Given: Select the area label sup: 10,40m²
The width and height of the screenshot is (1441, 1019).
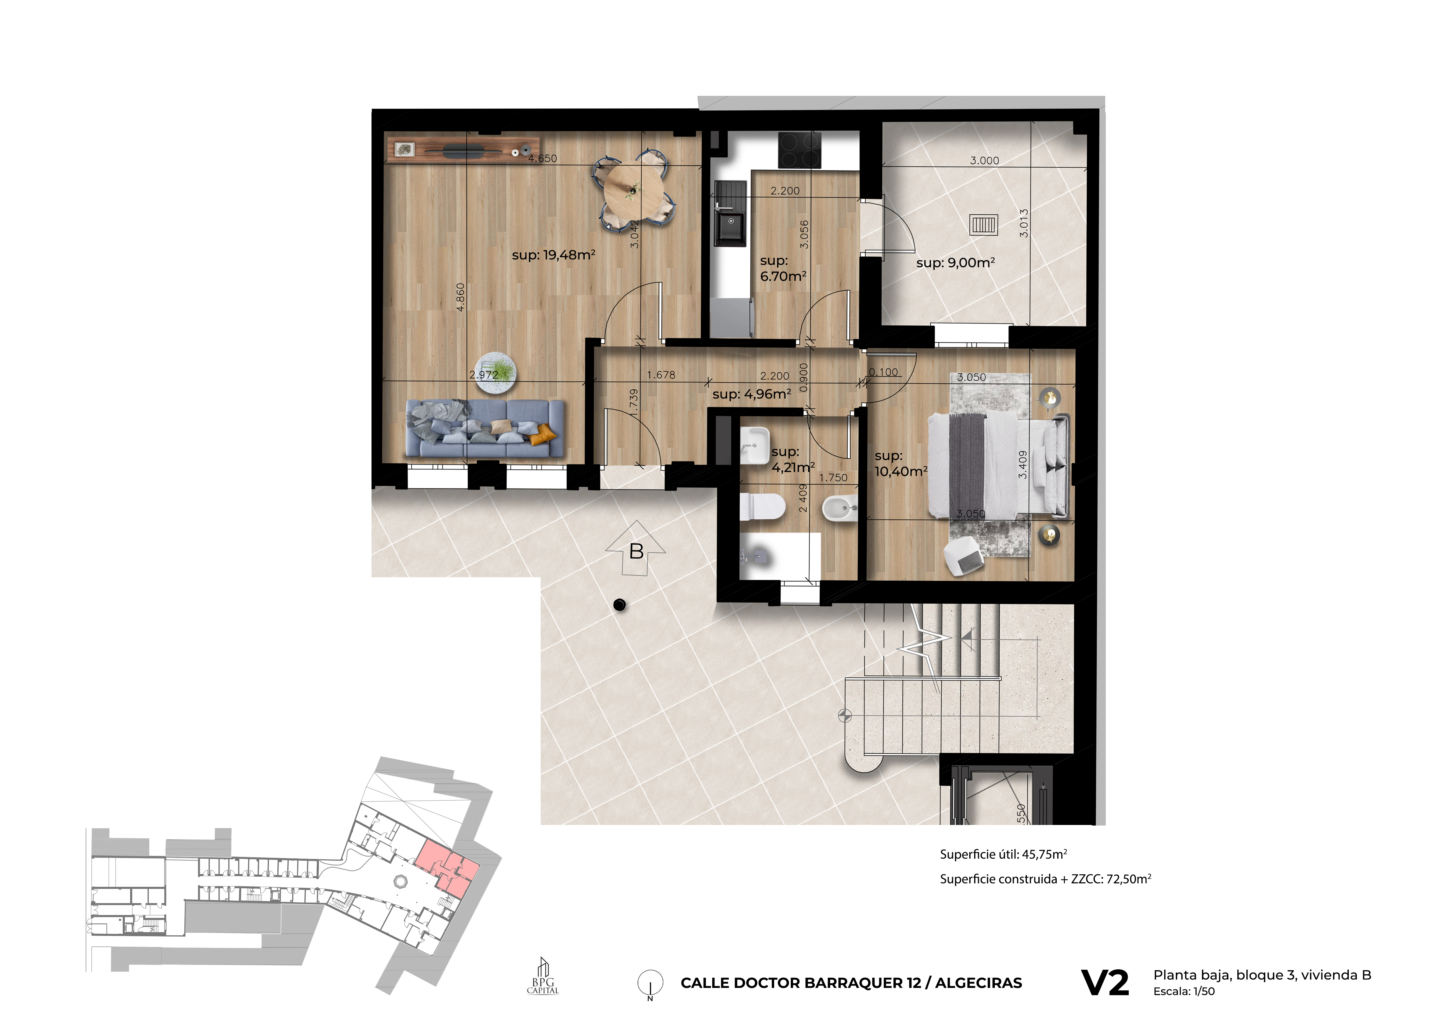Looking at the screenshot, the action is pyautogui.click(x=901, y=464).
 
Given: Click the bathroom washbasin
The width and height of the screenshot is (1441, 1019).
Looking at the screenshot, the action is pyautogui.click(x=754, y=446).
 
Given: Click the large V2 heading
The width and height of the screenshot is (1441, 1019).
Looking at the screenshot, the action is pyautogui.click(x=1105, y=983).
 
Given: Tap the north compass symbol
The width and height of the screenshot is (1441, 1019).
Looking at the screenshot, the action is pyautogui.click(x=650, y=983).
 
